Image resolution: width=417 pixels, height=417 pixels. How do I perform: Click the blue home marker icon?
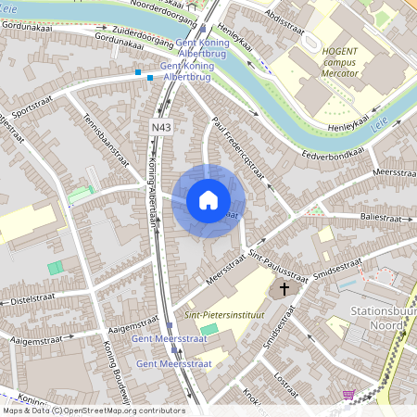coord(208,200)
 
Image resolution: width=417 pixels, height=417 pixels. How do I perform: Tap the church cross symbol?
coord(284,290)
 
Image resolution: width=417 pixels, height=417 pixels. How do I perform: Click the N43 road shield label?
coord(158,125)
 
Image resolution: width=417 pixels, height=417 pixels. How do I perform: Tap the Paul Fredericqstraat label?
coord(239,151)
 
